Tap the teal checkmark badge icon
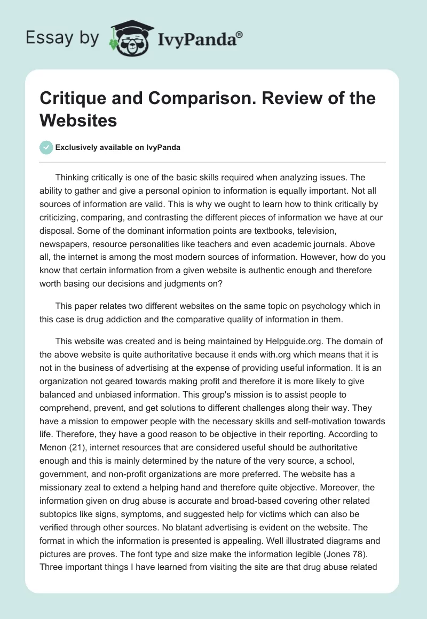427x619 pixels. [x=47, y=147]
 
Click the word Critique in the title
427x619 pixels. [x=73, y=99]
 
